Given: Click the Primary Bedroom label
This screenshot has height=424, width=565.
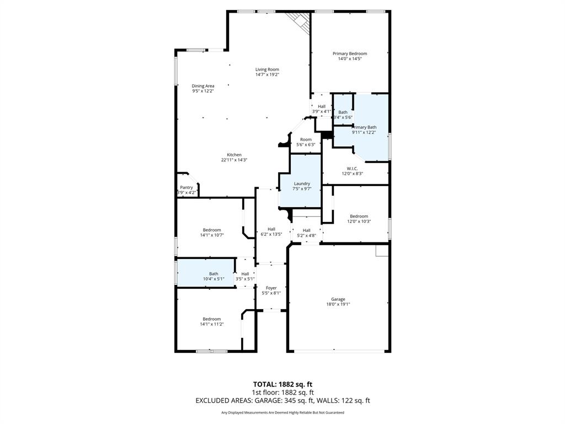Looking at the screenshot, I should pos(349,54).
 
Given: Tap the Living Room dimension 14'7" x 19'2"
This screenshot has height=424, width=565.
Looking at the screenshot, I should pos(267,75).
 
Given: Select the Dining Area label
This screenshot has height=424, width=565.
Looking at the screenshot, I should pos(203,86).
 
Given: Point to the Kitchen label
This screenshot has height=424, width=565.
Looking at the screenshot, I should pos(234,155).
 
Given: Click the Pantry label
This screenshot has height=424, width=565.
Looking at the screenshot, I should pos(186,188).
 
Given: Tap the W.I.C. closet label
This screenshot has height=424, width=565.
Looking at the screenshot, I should pos(352,168).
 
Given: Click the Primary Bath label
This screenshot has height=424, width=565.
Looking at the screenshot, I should pos(365,128).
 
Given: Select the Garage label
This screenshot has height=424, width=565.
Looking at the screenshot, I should pos(339,299).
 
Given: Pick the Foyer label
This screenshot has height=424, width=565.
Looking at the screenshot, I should pos(271,288).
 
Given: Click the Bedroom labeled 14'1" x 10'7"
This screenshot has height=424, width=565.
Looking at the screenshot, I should pos(211,230).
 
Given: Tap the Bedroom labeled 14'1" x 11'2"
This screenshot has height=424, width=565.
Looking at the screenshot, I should pos(211,319).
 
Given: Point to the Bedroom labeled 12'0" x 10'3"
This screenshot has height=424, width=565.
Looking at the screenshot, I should pos(359,216).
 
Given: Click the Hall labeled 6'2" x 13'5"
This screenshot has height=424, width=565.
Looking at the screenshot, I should pos(271,229).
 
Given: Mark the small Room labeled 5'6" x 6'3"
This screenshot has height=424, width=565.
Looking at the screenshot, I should pos(306,140).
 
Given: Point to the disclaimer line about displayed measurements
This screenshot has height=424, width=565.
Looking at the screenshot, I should pos(282,412).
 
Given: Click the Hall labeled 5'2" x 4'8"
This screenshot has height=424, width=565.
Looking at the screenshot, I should pos(307,231).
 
